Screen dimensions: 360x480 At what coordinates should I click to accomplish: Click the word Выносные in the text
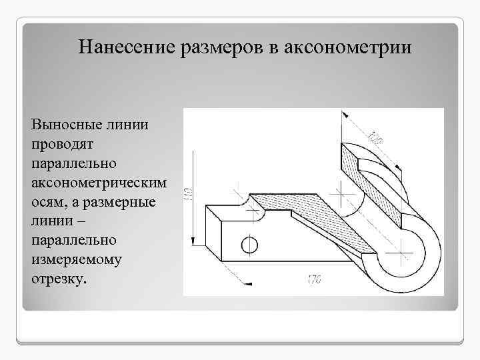[62, 125]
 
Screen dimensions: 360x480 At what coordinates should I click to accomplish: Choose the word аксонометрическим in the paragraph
[99, 182]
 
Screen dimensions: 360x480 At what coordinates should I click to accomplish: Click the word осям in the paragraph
[48, 201]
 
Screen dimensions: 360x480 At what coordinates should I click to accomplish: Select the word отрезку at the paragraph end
[59, 278]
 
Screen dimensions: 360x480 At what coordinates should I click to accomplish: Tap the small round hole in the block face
[249, 245]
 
